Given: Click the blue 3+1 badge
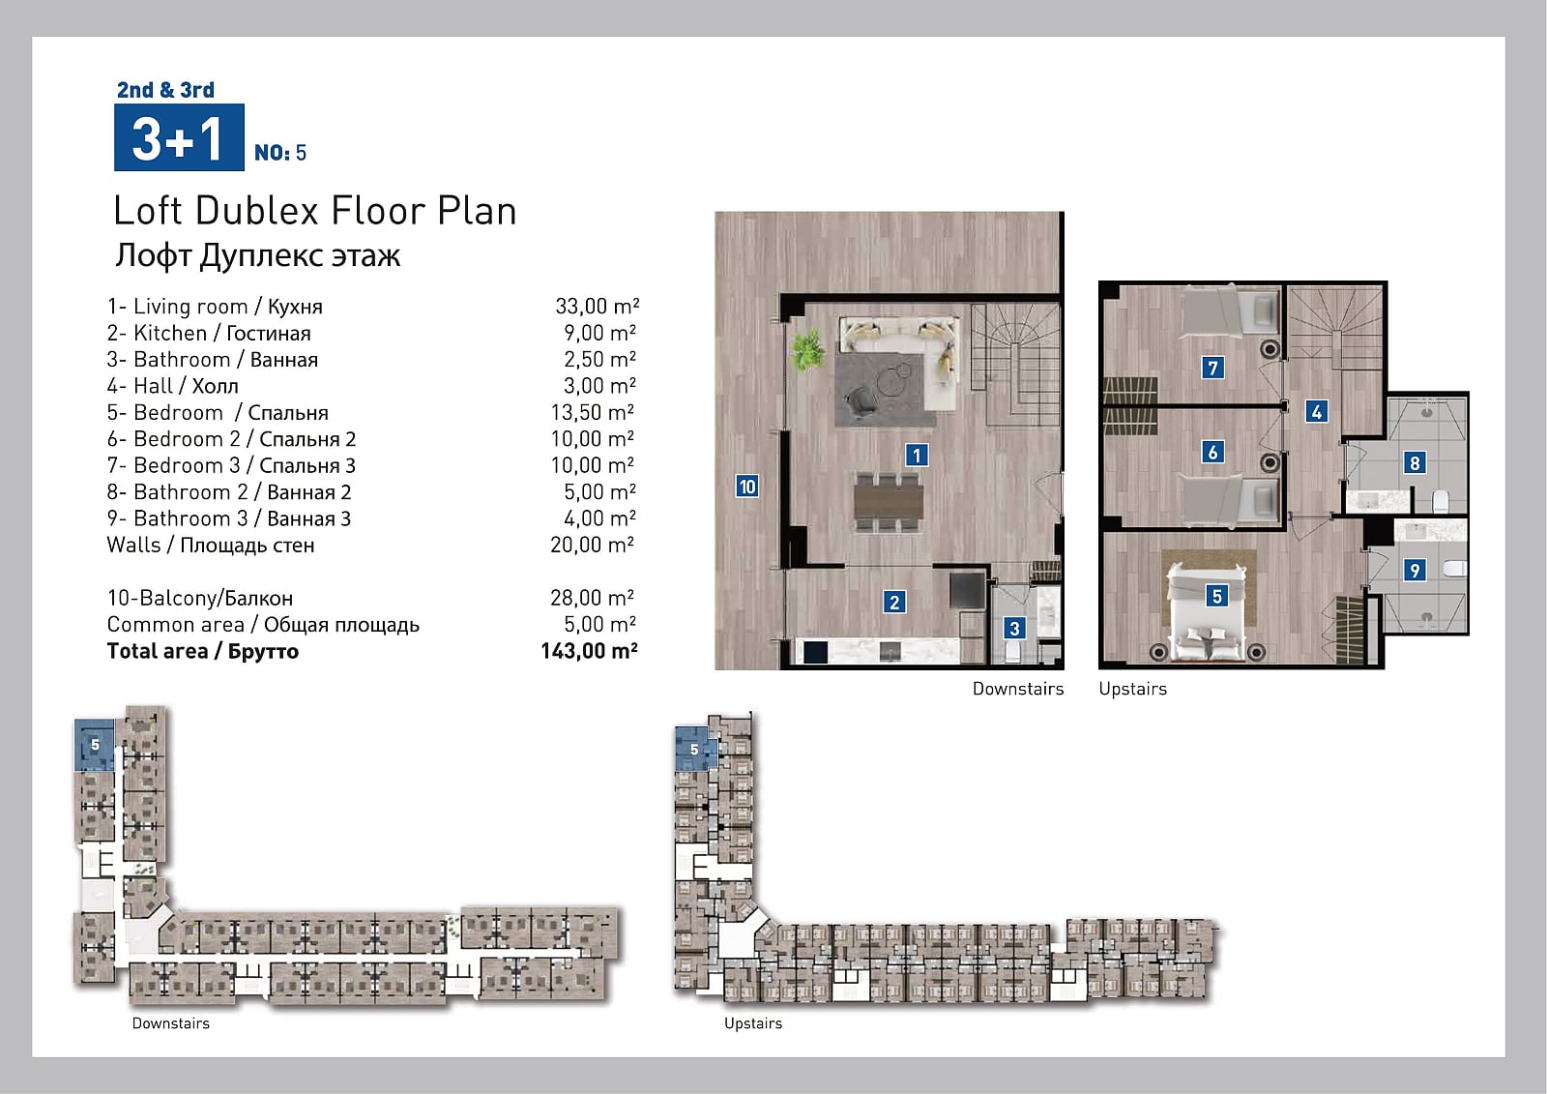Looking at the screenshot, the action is (179, 136).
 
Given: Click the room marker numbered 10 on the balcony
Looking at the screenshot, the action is (747, 487).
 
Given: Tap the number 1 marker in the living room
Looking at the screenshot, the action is (917, 455).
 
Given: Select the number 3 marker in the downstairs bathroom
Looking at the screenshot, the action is (1014, 628).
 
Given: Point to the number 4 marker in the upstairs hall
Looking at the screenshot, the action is (1316, 412).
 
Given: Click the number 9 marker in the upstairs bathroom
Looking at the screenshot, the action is (1415, 570).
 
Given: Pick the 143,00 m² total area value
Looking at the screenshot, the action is (589, 651).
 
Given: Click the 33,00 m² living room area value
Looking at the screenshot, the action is (597, 307).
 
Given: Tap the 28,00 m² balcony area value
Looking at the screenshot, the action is (592, 597).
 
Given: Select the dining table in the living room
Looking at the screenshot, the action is (889, 502).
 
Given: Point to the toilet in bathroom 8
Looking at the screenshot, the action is (1441, 501).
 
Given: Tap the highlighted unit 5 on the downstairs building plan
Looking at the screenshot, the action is (95, 745).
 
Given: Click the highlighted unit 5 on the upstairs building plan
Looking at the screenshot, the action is (695, 749).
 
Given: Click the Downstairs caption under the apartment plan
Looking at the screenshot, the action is (1018, 689).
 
